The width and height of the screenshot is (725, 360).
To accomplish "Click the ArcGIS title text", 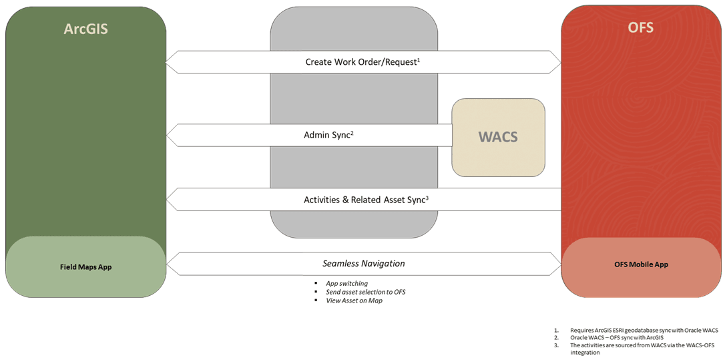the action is pos(85,29).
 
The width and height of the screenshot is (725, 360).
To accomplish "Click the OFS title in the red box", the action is pos(640,27).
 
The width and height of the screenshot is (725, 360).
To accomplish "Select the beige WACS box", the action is pos(499,138).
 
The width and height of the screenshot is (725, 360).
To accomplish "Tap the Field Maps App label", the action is pos(85,266).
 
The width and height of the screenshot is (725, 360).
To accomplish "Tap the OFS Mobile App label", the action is pos(640,264).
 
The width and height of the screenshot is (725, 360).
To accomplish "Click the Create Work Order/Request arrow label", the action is pos(362,62).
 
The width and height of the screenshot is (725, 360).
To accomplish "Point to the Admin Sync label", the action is pos(328,135).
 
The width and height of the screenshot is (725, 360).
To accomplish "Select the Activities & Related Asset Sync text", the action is pos(367,200).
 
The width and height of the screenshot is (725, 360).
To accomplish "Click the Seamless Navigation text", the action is pos(363,264).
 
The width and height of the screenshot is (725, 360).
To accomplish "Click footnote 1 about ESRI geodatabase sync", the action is pos(636,330).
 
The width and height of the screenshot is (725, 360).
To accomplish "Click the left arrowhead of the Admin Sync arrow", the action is pos(171,135).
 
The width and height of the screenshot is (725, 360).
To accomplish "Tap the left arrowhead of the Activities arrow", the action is pos(171,200).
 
